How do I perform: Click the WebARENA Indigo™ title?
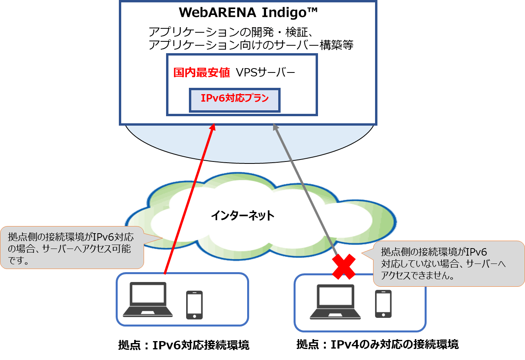click(248, 13)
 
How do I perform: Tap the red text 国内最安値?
click(201, 72)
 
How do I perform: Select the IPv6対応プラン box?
click(235, 100)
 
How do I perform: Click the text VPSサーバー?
click(265, 72)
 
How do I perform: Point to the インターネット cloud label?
click(242, 215)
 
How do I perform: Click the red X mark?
click(344, 266)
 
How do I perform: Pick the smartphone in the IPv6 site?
click(194, 304)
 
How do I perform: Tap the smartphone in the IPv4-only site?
click(383, 303)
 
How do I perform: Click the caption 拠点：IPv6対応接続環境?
click(183, 345)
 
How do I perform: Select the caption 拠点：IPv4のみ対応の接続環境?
click(377, 344)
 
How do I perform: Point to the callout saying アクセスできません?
click(445, 264)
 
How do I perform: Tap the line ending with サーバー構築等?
click(251, 45)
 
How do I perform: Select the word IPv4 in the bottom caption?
click(344, 344)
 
